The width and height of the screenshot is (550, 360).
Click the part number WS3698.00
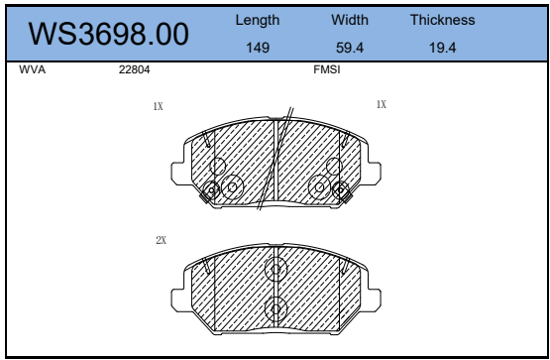[x=108, y=34]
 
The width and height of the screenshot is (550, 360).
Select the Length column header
[x=258, y=20]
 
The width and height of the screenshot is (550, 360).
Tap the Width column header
[x=350, y=20]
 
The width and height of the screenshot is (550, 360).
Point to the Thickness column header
[x=443, y=20]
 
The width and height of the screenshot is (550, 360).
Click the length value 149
[x=258, y=48]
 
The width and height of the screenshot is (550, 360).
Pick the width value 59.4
[x=350, y=48]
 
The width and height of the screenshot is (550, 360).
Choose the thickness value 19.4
[x=443, y=48]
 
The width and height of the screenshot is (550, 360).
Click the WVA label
[x=33, y=69]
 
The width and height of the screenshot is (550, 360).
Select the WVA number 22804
[x=135, y=69]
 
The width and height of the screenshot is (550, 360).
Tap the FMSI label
[x=327, y=69]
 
